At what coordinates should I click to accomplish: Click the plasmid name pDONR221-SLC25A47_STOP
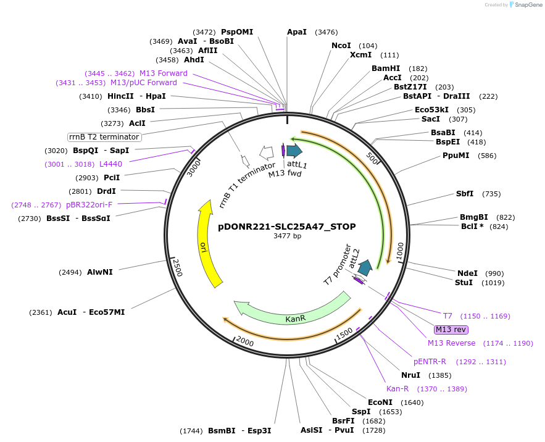pos(287,227)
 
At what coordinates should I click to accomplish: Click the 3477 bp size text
pos(287,236)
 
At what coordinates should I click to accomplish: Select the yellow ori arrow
pos(208,247)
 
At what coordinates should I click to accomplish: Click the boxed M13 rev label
pos(451,330)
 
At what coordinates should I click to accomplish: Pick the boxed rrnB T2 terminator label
pos(104,136)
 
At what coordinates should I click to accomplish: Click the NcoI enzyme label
pos(341,46)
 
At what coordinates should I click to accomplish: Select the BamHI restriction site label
pos(386,69)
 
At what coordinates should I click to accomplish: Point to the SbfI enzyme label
pos(464,194)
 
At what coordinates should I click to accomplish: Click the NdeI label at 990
pos(467,273)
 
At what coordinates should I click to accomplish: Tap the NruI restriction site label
pos(410,375)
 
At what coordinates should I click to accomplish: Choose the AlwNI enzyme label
pos(99,272)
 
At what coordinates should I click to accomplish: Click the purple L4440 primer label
pos(110,164)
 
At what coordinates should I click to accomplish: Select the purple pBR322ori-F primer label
pos(89,204)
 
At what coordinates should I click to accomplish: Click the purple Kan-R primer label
pos(397,389)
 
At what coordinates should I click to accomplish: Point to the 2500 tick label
pos(177,267)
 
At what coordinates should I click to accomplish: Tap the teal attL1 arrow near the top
pos(294,150)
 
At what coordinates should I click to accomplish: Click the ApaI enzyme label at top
pos(297,32)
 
